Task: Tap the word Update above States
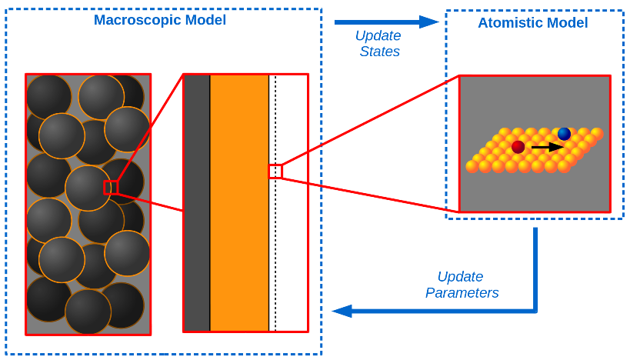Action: (x=378, y=35)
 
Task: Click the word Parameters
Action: (x=462, y=293)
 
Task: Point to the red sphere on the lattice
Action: (x=518, y=146)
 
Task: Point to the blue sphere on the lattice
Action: (x=565, y=134)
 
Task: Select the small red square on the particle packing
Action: (x=111, y=187)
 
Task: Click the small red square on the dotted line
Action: (x=275, y=171)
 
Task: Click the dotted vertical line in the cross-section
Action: (x=275, y=254)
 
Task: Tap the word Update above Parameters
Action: (x=460, y=276)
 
